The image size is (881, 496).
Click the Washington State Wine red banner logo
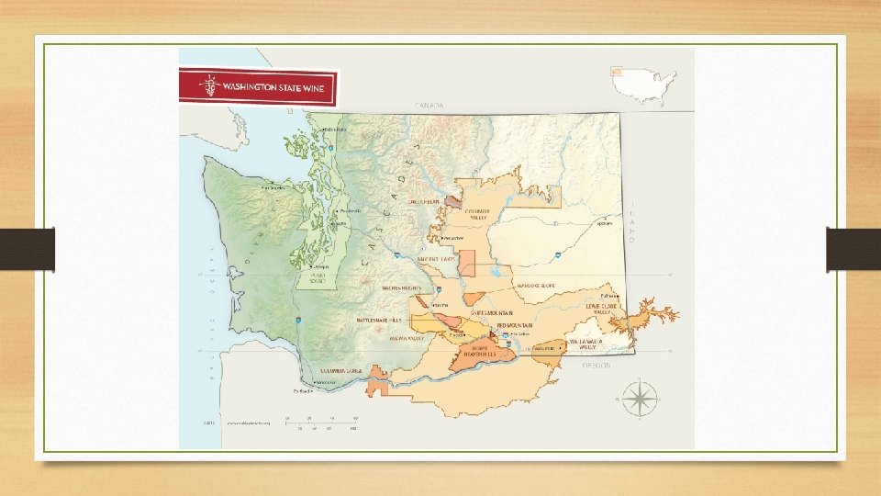tap(258, 89)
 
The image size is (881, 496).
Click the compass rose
tap(639, 399)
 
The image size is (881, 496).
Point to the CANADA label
tap(429, 106)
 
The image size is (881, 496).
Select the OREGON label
tap(597, 365)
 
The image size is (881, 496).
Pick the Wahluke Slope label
tap(537, 286)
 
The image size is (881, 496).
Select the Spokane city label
tap(604, 223)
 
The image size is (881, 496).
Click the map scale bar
tap(321, 423)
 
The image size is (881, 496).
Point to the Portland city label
tap(304, 391)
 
